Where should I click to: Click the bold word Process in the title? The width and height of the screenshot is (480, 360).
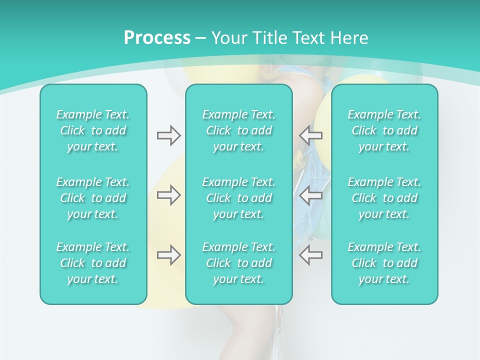[157, 38]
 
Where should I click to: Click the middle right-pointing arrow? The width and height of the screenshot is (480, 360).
[168, 195]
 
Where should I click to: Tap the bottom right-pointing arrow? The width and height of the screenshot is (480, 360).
[168, 255]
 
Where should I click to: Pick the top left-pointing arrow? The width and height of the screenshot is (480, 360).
[310, 135]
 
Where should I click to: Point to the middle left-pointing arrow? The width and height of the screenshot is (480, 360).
[310, 195]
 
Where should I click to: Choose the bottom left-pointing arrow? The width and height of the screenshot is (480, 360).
[310, 254]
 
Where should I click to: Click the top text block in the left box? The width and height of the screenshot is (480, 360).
[93, 130]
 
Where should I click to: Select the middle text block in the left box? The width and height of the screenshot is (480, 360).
[93, 198]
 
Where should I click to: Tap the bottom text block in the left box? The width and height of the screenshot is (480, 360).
[93, 263]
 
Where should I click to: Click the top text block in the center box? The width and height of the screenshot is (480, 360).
[239, 130]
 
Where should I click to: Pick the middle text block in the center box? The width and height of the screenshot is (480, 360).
[239, 198]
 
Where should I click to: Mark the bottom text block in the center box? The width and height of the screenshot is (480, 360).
[239, 263]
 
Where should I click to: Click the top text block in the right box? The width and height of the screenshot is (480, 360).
[384, 130]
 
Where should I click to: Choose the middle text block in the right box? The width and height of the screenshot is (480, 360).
[384, 198]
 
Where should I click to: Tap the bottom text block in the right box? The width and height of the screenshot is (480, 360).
[384, 263]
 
